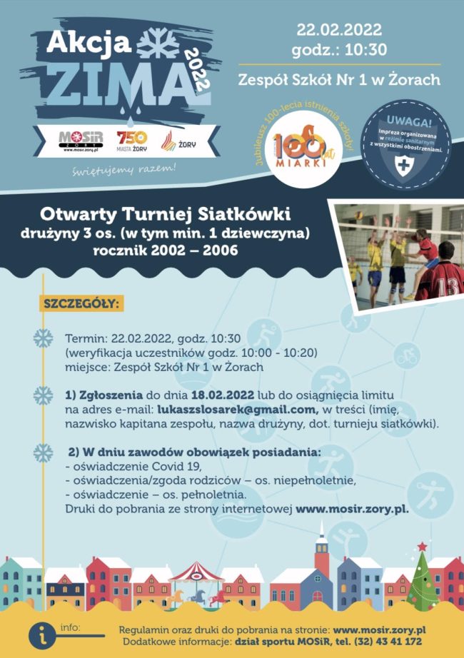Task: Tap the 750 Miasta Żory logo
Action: point(131,141)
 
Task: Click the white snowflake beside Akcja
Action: point(158,44)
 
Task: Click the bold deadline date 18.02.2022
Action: point(226,395)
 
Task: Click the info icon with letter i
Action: point(44,634)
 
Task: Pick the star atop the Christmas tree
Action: point(422,547)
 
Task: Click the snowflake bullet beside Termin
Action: point(44,338)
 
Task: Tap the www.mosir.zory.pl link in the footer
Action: point(380,630)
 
